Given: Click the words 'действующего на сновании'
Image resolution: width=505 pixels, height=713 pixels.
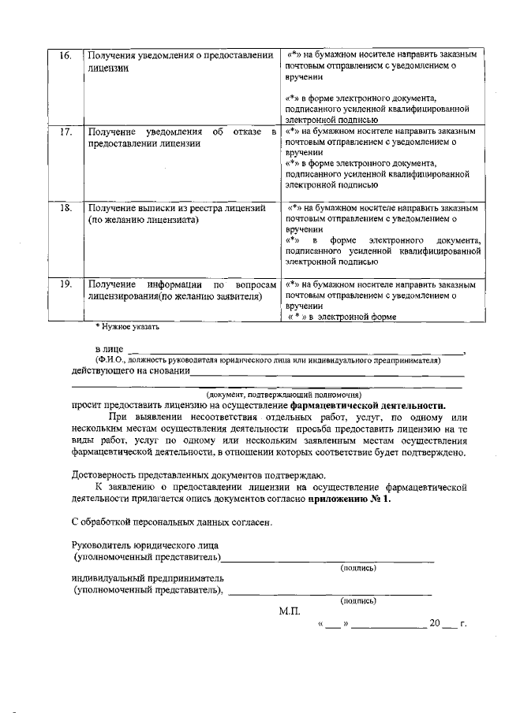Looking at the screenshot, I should (130, 371).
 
